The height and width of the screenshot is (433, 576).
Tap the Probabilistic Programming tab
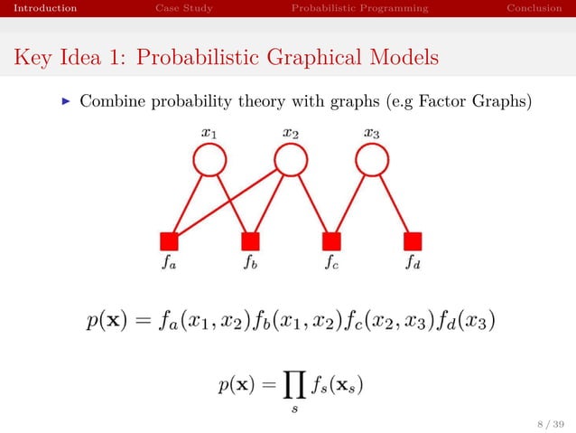(x=359, y=9)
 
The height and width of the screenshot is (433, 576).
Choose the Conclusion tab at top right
(x=534, y=9)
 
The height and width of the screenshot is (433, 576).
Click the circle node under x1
(x=209, y=161)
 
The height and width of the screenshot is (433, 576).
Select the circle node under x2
(x=290, y=161)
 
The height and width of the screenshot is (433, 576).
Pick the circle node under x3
(x=371, y=161)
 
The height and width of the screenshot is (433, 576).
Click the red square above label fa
(x=169, y=241)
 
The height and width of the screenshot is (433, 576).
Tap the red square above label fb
(x=250, y=241)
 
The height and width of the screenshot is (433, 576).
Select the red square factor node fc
(x=331, y=241)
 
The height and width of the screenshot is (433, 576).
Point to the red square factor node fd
(x=413, y=241)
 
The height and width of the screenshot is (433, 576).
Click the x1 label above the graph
(x=209, y=133)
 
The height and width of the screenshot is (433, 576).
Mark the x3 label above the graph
(x=371, y=133)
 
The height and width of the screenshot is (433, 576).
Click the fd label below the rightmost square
(x=413, y=266)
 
